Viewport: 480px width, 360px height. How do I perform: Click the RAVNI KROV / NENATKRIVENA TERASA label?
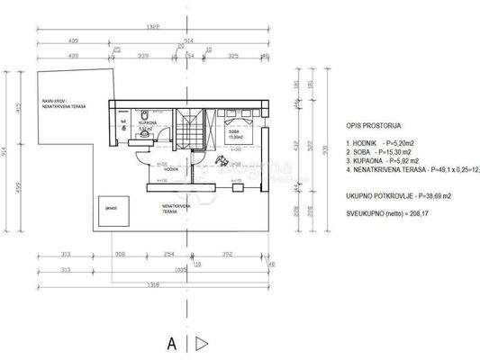coord(51,104)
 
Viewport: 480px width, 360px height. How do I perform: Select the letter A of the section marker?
coord(169,343)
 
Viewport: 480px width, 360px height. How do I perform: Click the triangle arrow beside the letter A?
coord(203,343)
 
